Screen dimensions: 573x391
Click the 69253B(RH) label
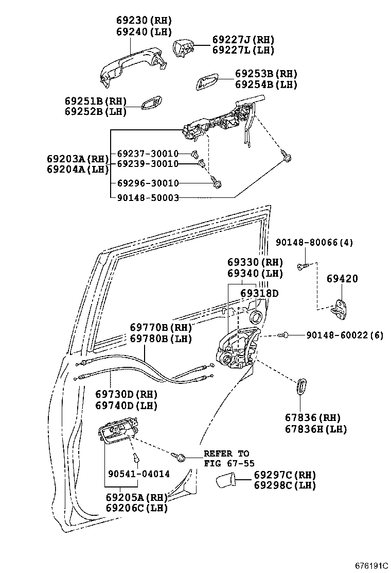(x=266, y=74)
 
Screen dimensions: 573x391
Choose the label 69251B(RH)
(x=95, y=102)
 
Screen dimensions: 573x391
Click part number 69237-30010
(x=147, y=154)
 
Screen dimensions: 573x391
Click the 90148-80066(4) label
(x=314, y=242)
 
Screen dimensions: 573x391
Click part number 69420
(x=342, y=279)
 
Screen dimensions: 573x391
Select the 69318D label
(x=260, y=293)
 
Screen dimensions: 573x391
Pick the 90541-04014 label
(x=139, y=474)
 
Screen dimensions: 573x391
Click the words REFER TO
(x=226, y=453)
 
